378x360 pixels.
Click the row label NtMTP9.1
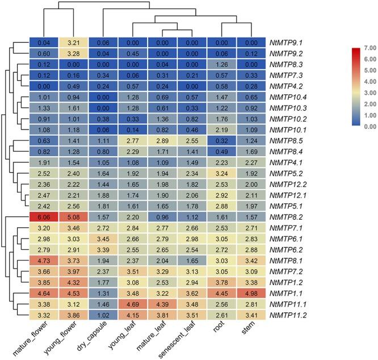(288, 43)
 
